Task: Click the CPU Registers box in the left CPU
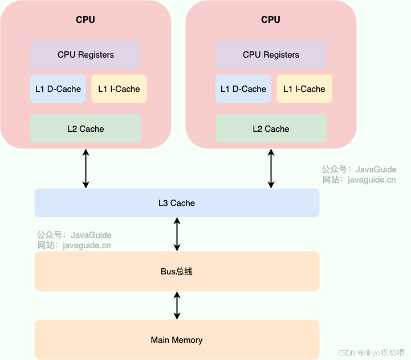(86, 55)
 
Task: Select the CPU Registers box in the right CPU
(271, 55)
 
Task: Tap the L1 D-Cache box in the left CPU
(58, 89)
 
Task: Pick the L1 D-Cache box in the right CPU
(243, 89)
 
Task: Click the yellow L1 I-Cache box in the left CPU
(119, 89)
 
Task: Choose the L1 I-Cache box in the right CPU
(304, 89)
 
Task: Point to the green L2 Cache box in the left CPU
(86, 129)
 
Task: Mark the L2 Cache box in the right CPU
(271, 129)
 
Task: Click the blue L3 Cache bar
(177, 203)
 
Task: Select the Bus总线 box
(177, 272)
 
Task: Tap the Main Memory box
(177, 340)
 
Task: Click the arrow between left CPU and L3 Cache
(86, 168)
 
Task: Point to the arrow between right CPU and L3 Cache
(271, 168)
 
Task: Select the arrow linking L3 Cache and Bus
(177, 234)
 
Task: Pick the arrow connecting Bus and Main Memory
(177, 305)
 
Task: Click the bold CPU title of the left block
(86, 19)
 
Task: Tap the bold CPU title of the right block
(271, 19)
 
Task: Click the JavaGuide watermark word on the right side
(376, 169)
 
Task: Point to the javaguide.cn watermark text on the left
(87, 245)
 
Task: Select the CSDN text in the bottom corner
(347, 353)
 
